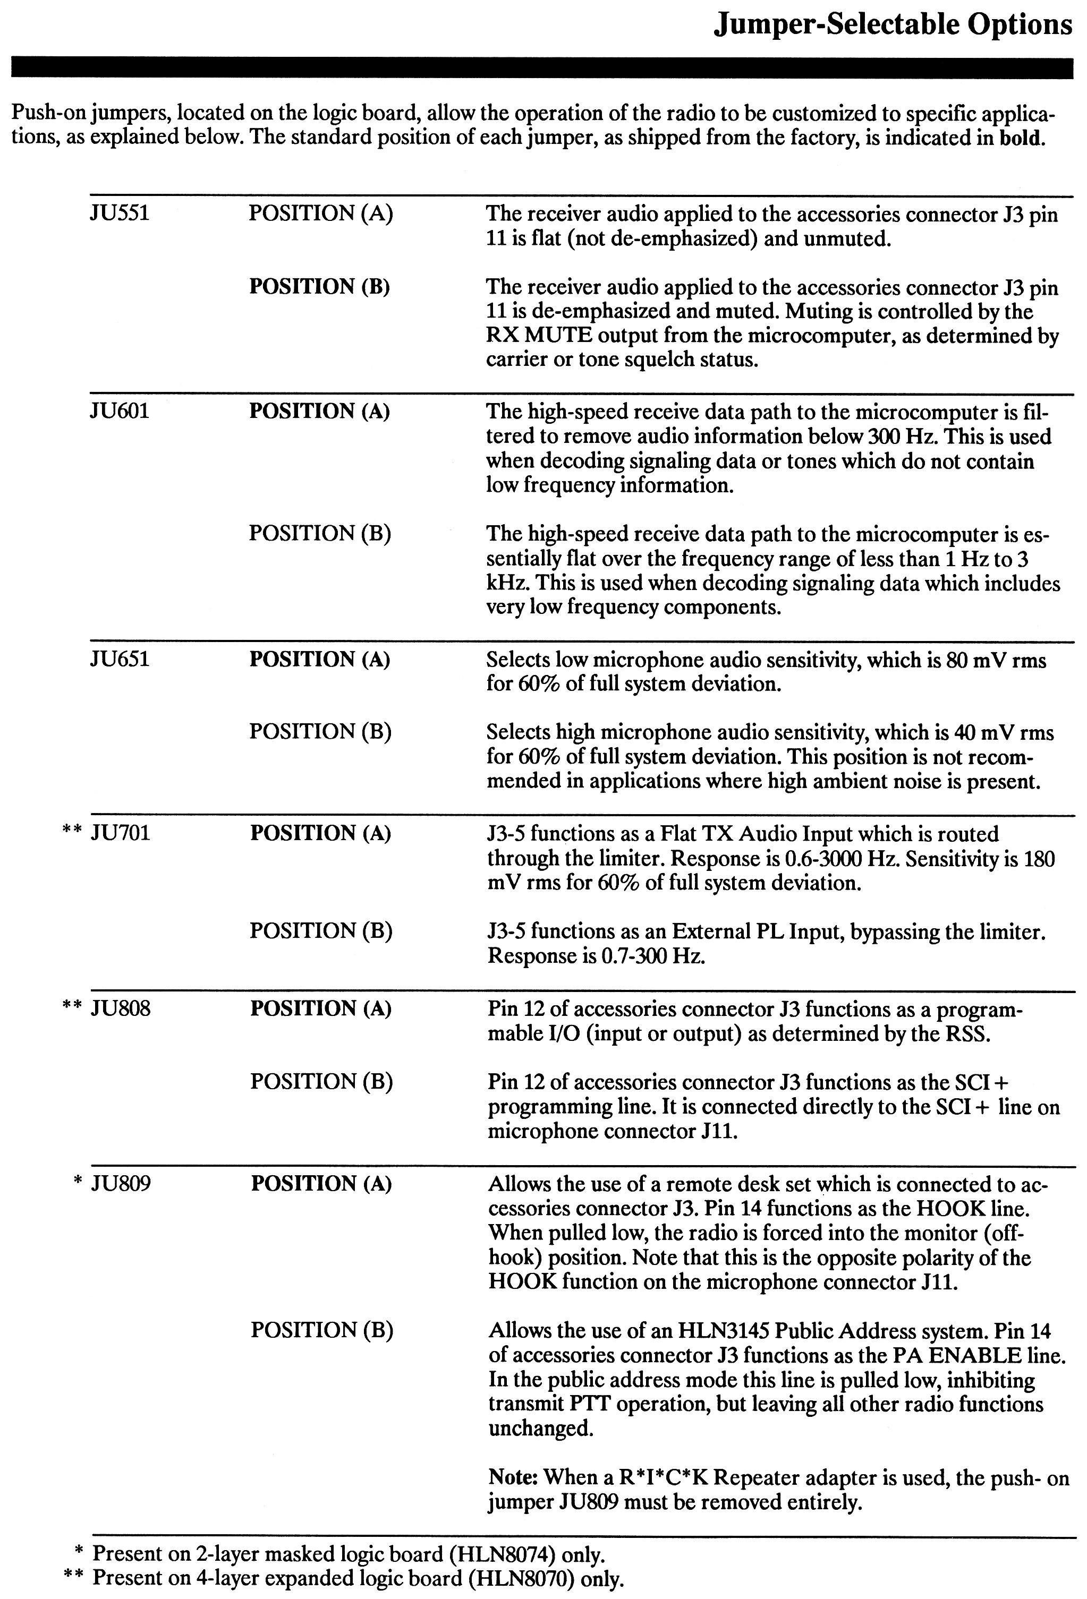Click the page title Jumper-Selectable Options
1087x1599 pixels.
pyautogui.click(x=892, y=25)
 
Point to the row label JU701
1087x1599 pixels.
pyautogui.click(x=121, y=833)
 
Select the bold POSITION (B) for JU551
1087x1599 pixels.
pyautogui.click(x=319, y=286)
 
